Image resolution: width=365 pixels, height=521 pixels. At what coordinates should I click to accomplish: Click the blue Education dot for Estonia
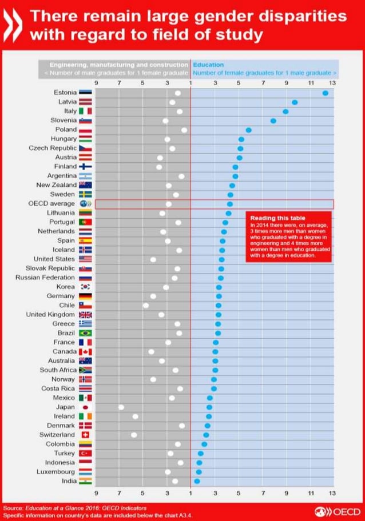pyautogui.click(x=326, y=93)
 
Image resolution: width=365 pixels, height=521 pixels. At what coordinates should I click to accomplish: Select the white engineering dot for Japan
pyautogui.click(x=121, y=407)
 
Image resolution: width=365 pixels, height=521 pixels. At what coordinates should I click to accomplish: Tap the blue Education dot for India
pyautogui.click(x=197, y=481)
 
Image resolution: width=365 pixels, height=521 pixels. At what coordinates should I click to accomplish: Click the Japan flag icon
pyautogui.click(x=85, y=407)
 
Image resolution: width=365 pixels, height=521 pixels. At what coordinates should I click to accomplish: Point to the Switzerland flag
pyautogui.click(x=85, y=435)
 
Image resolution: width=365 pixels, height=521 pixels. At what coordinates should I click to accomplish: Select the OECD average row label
pyautogui.click(x=51, y=203)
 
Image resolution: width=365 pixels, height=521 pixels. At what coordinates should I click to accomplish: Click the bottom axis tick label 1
pyautogui.click(x=191, y=492)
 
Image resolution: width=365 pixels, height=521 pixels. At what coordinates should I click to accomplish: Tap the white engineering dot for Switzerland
pyautogui.click(x=134, y=435)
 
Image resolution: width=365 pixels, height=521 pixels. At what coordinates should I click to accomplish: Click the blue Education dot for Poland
pyautogui.click(x=248, y=130)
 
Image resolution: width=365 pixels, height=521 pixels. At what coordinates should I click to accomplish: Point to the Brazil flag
pyautogui.click(x=85, y=332)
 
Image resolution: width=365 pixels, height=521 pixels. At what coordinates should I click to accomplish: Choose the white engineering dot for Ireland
pyautogui.click(x=135, y=416)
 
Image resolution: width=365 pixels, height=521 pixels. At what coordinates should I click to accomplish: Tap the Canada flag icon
pyautogui.click(x=85, y=351)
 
